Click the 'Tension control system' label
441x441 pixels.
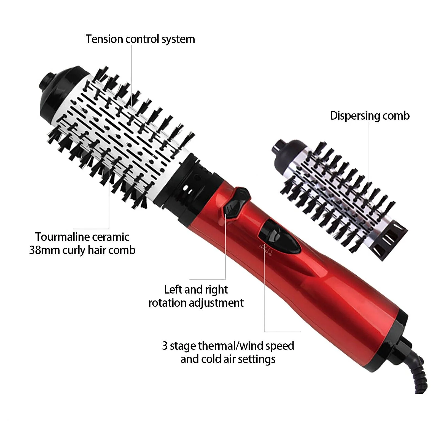click(140, 39)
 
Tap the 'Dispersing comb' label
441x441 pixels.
click(370, 116)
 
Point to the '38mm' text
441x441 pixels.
click(44, 250)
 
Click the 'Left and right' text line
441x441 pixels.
click(196, 290)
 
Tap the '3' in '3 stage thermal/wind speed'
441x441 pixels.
click(165, 346)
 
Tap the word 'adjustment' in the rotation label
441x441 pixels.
click(216, 303)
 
